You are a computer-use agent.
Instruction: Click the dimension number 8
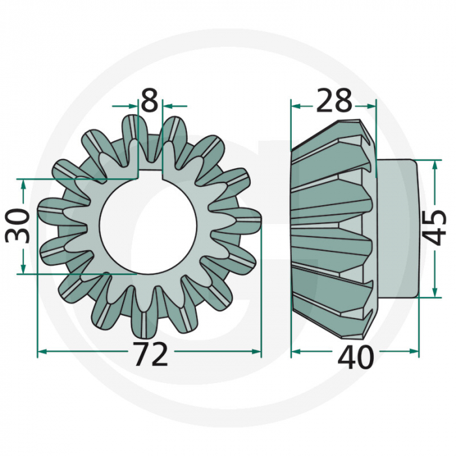point(149,101)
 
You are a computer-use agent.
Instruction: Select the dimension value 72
point(150,355)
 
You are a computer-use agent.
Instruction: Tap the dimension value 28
point(334,101)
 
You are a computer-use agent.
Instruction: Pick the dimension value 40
point(356,357)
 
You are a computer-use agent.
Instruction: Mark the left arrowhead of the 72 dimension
point(42,352)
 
